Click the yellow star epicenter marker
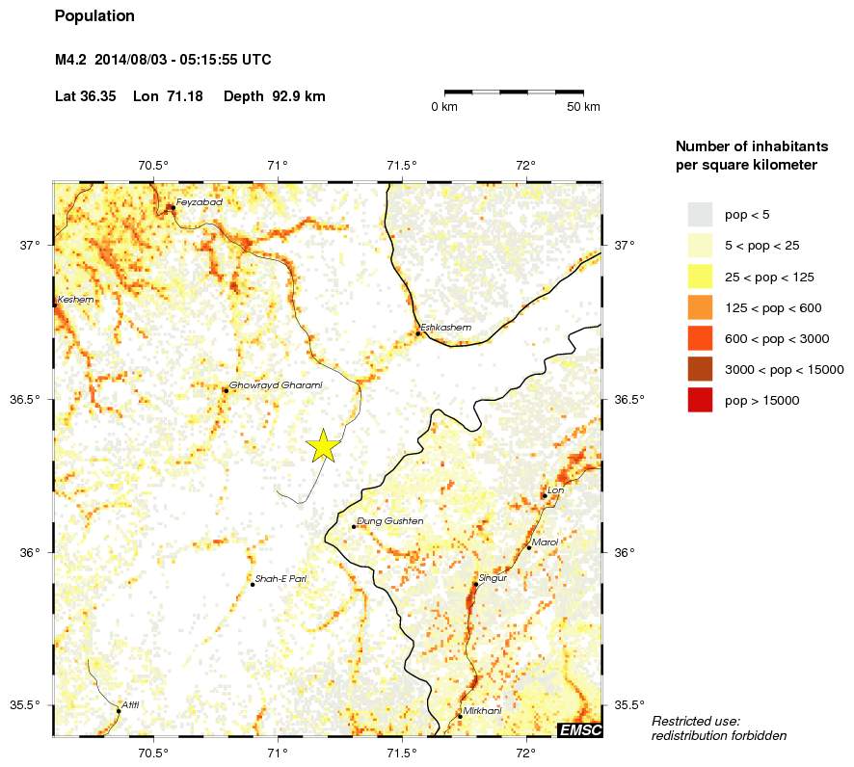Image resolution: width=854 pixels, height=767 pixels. click(x=323, y=445)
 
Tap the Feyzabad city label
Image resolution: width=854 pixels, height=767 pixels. click(x=200, y=202)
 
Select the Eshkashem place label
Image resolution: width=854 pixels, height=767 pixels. click(x=446, y=328)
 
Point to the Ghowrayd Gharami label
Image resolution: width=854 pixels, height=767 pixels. click(x=276, y=385)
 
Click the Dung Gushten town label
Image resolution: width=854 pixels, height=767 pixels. click(x=390, y=521)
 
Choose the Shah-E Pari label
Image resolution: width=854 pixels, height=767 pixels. click(x=280, y=578)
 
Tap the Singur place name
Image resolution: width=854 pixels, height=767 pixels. click(x=493, y=578)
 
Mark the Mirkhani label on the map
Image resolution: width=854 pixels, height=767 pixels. click(x=482, y=711)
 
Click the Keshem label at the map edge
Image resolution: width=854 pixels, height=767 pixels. click(x=76, y=300)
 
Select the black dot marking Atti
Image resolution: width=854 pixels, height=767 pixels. click(x=119, y=711)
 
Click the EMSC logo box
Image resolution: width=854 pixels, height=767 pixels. click(x=580, y=730)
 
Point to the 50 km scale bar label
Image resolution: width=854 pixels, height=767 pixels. click(x=584, y=106)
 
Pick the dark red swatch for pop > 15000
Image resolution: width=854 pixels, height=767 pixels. click(x=700, y=400)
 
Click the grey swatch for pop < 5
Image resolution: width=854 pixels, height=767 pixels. click(x=700, y=214)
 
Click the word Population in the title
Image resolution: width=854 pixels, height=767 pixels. click(x=94, y=16)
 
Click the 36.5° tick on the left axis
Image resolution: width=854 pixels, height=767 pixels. click(x=31, y=399)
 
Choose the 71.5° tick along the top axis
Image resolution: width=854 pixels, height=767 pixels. click(x=402, y=165)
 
